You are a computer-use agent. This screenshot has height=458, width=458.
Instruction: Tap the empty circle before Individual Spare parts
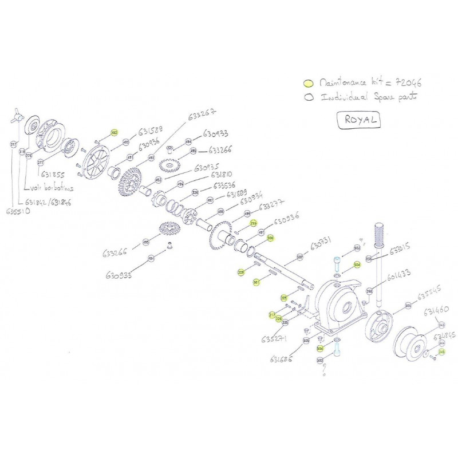click(x=309, y=97)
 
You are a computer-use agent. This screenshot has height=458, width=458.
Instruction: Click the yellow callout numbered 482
click(x=114, y=133)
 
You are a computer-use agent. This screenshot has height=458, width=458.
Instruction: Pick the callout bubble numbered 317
click(x=14, y=145)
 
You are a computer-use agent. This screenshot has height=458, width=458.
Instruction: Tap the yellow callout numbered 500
click(x=270, y=238)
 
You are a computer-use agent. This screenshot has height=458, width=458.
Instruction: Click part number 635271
click(x=274, y=337)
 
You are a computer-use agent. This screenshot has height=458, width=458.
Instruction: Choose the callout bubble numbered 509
click(x=299, y=257)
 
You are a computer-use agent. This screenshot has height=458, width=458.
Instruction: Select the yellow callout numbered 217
click(x=272, y=315)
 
